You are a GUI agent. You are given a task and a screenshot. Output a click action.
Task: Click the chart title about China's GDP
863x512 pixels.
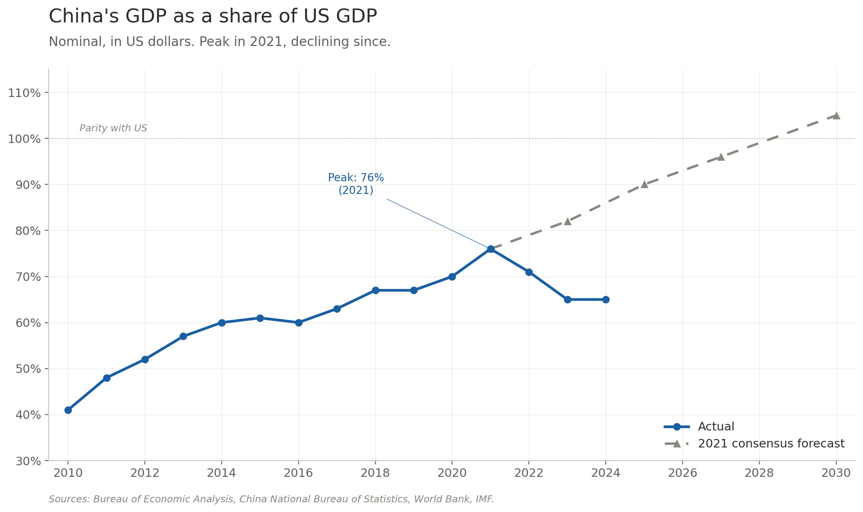(212, 17)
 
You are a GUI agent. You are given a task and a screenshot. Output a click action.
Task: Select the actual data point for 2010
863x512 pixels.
(68, 410)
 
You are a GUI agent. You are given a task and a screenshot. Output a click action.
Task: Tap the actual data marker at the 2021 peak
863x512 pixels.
(491, 249)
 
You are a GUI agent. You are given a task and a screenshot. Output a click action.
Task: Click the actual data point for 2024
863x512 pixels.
(606, 299)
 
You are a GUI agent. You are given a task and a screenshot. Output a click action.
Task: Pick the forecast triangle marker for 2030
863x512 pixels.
(836, 116)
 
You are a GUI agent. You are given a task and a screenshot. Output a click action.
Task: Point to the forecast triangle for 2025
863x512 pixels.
(644, 184)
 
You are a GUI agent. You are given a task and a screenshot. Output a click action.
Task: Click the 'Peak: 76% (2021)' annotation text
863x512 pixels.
(356, 184)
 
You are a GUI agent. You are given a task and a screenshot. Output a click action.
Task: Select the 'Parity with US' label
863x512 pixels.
(113, 128)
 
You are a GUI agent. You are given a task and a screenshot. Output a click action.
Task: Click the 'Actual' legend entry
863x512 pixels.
(716, 427)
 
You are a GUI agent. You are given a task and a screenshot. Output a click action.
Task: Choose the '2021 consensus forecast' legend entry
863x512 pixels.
(771, 444)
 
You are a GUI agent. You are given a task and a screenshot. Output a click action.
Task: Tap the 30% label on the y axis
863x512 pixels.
(28, 461)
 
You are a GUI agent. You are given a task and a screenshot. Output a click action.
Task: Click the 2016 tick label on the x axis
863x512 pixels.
(298, 473)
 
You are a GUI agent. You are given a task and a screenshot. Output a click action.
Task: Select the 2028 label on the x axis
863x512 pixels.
(759, 473)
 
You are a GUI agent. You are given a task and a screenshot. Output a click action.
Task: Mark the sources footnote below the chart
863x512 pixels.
(271, 499)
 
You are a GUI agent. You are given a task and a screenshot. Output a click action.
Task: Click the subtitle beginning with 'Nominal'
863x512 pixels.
(219, 42)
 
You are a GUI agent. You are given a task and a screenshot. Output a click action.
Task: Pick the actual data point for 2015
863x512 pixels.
(260, 318)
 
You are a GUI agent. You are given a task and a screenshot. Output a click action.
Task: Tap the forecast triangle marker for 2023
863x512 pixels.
(567, 221)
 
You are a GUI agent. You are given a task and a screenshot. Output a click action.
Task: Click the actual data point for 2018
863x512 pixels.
(375, 290)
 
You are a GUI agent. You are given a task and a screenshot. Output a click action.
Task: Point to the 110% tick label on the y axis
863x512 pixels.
(24, 93)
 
